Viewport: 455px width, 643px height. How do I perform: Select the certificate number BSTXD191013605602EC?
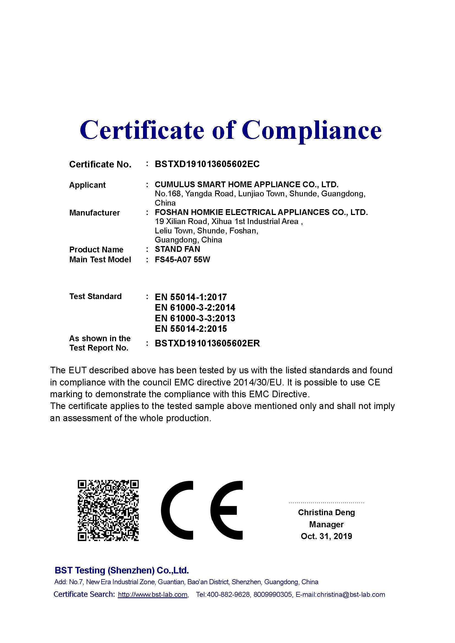[207, 164]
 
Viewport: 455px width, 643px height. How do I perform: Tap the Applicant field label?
[87, 185]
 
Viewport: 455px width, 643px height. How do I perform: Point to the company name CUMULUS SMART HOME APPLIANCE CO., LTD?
[246, 184]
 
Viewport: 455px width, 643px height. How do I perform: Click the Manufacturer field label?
[94, 213]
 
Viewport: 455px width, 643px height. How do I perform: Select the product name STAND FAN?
[177, 249]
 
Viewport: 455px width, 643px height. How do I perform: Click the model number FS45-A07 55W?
[182, 260]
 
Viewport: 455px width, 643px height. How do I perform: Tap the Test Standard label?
[95, 296]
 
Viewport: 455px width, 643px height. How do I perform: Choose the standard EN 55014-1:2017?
[191, 297]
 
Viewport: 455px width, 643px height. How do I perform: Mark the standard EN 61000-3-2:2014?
[195, 308]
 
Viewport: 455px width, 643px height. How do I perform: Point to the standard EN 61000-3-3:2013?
[195, 318]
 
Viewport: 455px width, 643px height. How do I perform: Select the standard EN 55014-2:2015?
[191, 329]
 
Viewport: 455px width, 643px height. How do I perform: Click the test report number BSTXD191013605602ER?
[207, 343]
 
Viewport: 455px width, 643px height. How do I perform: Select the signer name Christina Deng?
[327, 512]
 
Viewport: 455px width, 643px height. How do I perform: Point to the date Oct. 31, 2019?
[327, 536]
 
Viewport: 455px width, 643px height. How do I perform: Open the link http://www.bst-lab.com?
[153, 595]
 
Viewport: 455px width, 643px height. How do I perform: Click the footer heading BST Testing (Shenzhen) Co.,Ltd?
[122, 570]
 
